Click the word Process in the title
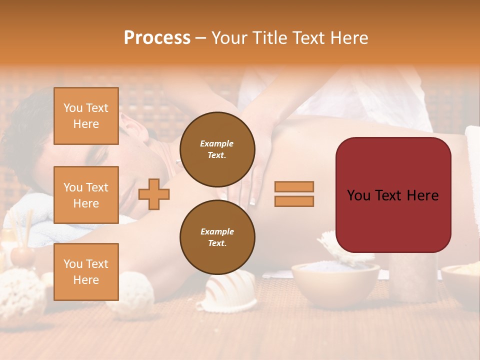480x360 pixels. click(x=157, y=38)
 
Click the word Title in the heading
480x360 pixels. click(x=270, y=38)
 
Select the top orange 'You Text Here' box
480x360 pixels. click(x=86, y=116)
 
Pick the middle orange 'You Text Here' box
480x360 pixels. click(x=86, y=195)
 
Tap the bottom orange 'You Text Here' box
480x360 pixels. click(x=86, y=271)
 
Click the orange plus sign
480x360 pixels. click(x=154, y=194)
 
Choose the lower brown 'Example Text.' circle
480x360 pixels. click(x=217, y=237)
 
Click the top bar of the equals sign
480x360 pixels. click(x=294, y=186)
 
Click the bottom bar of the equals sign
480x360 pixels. click(x=294, y=201)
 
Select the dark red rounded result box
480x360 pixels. click(x=393, y=195)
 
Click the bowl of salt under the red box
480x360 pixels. click(x=335, y=280)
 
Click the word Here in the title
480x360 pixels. click(x=348, y=38)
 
